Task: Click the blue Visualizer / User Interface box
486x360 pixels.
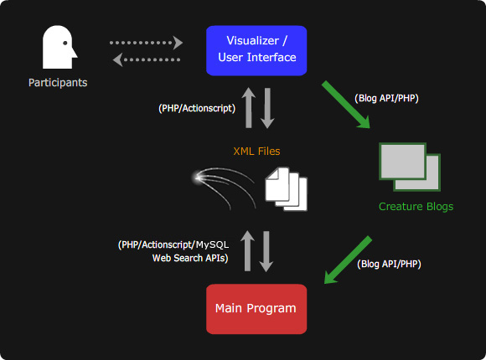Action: pyautogui.click(x=256, y=50)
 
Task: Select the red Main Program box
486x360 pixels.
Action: pyautogui.click(x=256, y=309)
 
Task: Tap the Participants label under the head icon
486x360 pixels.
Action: pyautogui.click(x=58, y=83)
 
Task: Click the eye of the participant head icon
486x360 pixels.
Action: pyautogui.click(x=65, y=43)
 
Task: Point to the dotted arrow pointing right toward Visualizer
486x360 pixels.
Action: pyautogui.click(x=146, y=43)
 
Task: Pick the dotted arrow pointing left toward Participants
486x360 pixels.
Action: pyautogui.click(x=147, y=59)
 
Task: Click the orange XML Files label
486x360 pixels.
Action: pyautogui.click(x=256, y=152)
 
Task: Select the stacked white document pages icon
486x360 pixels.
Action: pyautogui.click(x=286, y=189)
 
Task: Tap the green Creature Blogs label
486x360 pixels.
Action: pyautogui.click(x=416, y=207)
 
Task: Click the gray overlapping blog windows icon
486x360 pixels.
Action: pyautogui.click(x=410, y=167)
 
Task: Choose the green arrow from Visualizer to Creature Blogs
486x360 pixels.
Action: pyautogui.click(x=346, y=105)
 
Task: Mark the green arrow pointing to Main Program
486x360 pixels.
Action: pyautogui.click(x=348, y=260)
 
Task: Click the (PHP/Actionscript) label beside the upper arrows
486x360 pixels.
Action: pyautogui.click(x=197, y=108)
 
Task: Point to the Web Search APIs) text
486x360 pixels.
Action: pyautogui.click(x=190, y=258)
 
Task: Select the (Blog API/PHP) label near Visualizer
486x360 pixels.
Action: pyautogui.click(x=386, y=98)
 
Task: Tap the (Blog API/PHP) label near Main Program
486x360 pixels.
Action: pyautogui.click(x=389, y=264)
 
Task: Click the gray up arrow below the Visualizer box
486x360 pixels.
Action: pyautogui.click(x=249, y=107)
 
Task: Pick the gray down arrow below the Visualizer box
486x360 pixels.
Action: pyautogui.click(x=267, y=108)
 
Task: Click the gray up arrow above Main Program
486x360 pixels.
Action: pyautogui.click(x=247, y=251)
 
